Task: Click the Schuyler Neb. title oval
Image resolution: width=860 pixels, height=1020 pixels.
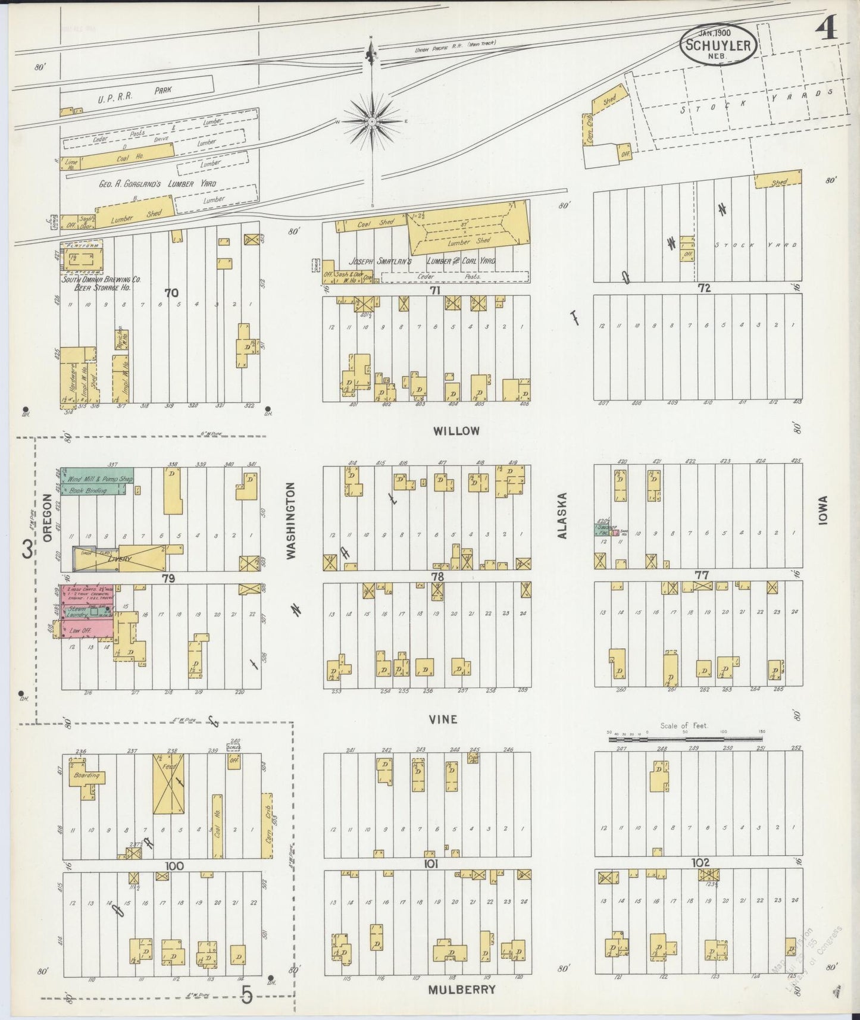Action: (x=720, y=45)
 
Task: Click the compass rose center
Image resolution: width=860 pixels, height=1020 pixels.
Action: (x=372, y=121)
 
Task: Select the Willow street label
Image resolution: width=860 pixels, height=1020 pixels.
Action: (x=456, y=431)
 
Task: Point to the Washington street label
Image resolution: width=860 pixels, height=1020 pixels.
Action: (x=291, y=521)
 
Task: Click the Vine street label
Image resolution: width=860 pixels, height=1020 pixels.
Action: (x=444, y=719)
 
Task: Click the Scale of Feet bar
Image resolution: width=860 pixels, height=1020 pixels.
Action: (x=684, y=739)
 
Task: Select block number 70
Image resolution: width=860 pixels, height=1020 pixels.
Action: (x=172, y=293)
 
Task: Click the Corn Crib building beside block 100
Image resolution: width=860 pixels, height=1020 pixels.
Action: (x=267, y=824)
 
